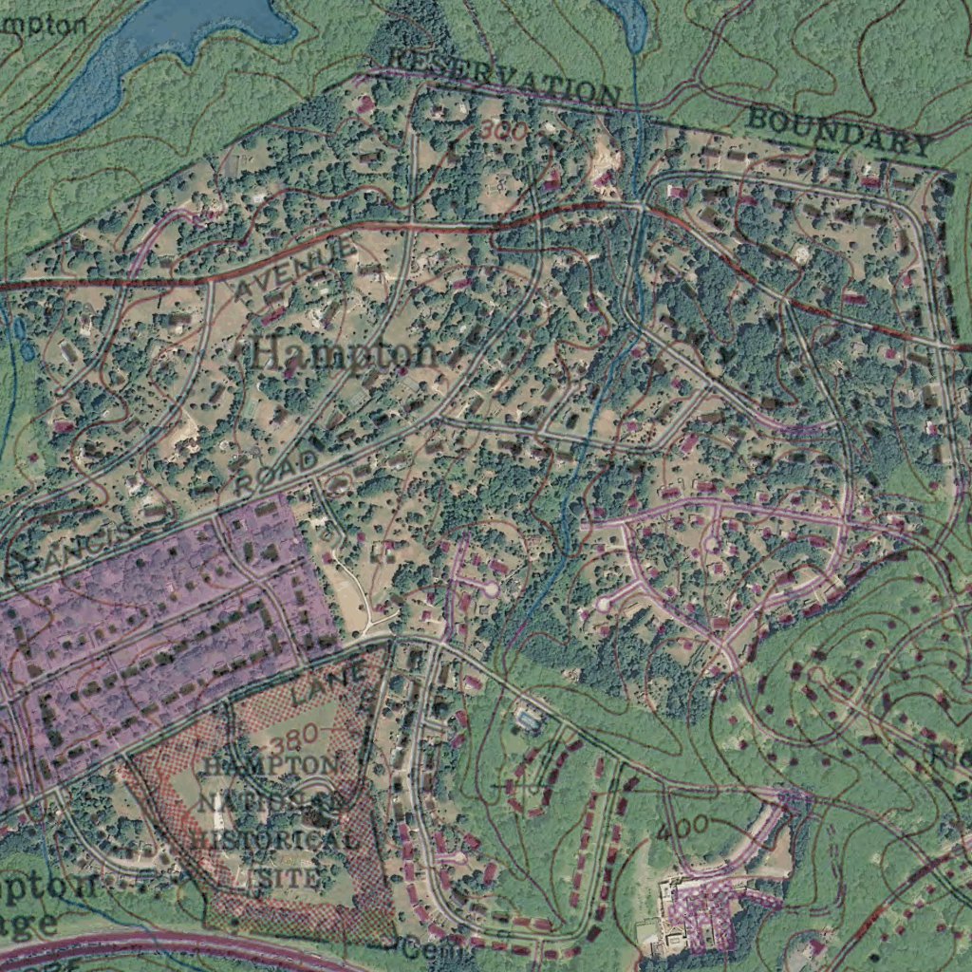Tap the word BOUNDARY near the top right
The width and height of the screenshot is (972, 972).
(x=838, y=132)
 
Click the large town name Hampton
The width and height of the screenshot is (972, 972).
(x=346, y=354)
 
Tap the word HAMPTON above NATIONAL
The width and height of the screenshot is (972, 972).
(x=271, y=765)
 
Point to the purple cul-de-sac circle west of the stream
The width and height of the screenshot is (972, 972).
(x=490, y=589)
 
